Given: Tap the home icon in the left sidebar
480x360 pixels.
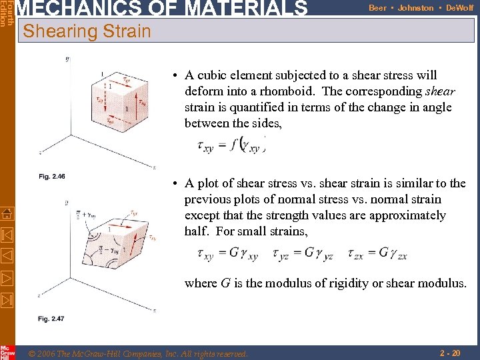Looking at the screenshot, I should click(7, 213).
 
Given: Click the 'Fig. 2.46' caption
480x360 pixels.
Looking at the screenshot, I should click(51, 177).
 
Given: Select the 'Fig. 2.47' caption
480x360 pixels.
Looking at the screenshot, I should click(51, 319).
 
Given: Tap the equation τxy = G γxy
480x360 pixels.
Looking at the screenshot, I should click(229, 253).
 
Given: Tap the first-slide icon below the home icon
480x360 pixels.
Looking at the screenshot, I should click(7, 234).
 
